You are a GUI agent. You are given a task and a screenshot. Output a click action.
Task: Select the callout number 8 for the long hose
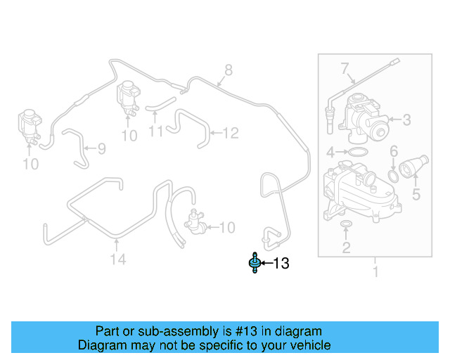click(228, 70)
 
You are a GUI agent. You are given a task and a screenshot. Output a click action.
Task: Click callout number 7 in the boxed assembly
click(345, 69)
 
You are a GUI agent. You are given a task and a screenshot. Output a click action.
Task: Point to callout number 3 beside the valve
click(406, 120)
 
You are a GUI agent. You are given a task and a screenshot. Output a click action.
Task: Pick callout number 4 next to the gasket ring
click(330, 152)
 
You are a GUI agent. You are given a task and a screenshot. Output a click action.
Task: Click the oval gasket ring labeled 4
click(356, 152)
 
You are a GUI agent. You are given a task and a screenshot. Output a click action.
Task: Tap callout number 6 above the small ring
click(394, 151)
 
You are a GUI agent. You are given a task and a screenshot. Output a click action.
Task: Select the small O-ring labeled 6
click(395, 174)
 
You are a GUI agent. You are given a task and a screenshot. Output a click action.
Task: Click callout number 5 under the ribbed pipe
click(416, 194)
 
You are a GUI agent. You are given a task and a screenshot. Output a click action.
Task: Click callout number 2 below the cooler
click(346, 247)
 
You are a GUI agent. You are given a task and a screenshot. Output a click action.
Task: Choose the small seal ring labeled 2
click(346, 225)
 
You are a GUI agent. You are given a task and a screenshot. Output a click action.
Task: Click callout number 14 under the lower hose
click(117, 260)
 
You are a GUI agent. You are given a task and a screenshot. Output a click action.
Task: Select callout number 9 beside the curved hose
click(101, 148)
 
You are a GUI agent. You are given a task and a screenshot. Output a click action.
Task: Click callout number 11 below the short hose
click(156, 131)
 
